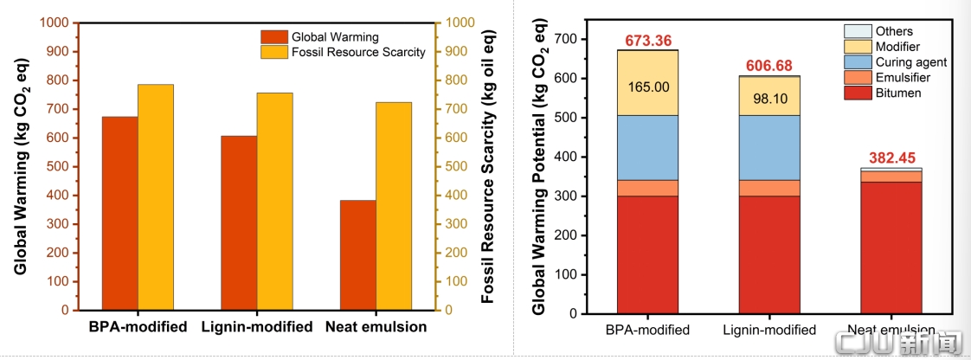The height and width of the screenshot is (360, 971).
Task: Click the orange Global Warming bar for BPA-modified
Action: tap(120, 213)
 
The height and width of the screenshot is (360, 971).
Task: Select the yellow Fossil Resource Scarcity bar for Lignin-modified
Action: tap(275, 202)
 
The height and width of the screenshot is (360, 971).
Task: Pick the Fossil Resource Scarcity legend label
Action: tap(358, 52)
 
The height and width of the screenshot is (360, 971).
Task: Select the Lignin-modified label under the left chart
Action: tap(257, 326)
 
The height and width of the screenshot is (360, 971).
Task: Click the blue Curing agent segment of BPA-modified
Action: tap(647, 147)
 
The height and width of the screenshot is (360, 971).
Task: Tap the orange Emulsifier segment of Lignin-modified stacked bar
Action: tap(769, 188)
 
